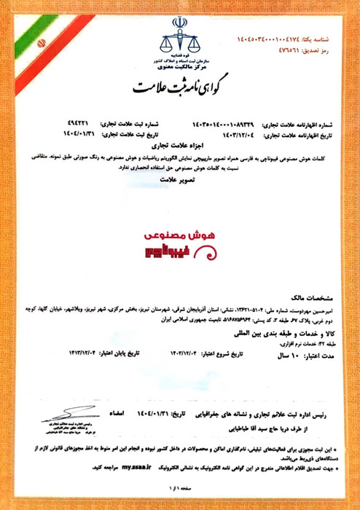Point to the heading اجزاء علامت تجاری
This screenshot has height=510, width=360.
pos(180,146)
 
